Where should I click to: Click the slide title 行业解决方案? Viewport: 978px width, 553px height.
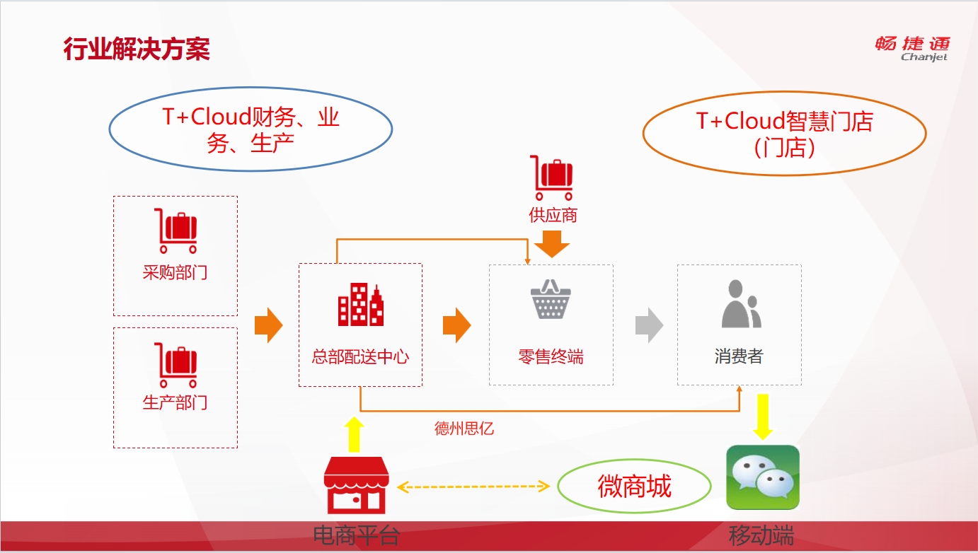(x=137, y=49)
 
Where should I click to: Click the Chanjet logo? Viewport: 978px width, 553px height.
(x=912, y=49)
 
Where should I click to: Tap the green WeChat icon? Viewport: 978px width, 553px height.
(x=763, y=477)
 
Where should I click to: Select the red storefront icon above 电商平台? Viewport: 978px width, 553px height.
(x=356, y=485)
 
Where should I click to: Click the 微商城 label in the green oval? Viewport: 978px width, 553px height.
(x=634, y=487)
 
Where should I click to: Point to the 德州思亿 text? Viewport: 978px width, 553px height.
(x=464, y=428)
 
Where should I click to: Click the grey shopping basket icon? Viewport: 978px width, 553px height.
(x=551, y=299)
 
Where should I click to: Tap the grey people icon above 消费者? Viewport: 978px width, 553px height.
(x=742, y=304)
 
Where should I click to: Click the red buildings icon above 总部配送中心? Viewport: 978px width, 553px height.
(x=361, y=305)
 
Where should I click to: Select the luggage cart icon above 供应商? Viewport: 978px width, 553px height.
(x=552, y=177)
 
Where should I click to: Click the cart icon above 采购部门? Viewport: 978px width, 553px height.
(x=176, y=231)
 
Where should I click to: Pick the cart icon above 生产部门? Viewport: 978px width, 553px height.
(x=176, y=365)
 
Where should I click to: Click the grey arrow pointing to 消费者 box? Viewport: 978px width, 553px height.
(x=649, y=325)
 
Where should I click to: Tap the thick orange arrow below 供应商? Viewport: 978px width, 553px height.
(x=552, y=244)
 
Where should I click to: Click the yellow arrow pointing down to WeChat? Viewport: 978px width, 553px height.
(x=763, y=417)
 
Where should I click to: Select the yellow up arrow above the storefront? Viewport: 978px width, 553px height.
(x=354, y=434)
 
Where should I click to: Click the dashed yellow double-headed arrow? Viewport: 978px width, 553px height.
(x=473, y=487)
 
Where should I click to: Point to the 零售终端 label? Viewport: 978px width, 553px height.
(x=551, y=356)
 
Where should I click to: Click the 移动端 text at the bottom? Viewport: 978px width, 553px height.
(x=761, y=535)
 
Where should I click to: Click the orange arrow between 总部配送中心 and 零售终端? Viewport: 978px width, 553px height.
(x=456, y=325)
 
